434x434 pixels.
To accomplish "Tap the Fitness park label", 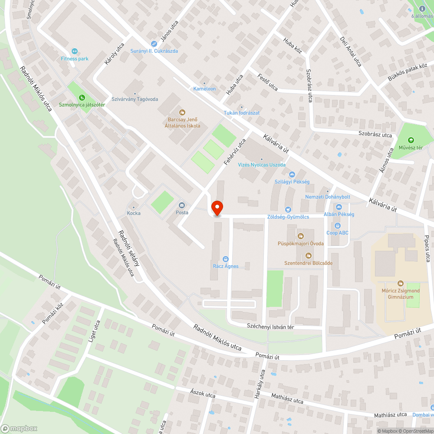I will (75, 59).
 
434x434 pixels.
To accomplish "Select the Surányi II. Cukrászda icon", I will (154, 43).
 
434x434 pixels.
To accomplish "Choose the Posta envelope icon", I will (181, 205).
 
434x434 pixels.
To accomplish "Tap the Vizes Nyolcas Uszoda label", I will (261, 165).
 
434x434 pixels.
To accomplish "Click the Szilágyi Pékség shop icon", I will (292, 174).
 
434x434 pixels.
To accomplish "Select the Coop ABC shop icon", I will (338, 225).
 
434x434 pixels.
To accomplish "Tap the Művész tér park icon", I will (411, 140).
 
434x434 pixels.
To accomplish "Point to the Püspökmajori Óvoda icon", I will (300, 236).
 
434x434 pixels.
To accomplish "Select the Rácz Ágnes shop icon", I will (225, 259).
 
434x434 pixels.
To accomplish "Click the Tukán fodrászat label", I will (241, 113).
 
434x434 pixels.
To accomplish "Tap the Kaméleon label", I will (204, 89).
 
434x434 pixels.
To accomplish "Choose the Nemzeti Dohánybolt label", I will (328, 197).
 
